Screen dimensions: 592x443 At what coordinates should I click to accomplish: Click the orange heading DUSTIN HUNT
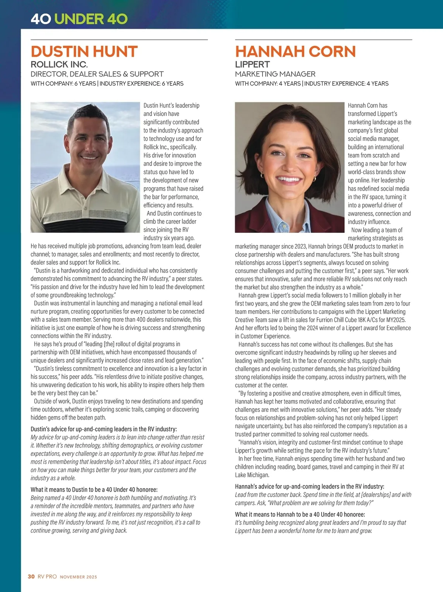[x=84, y=52]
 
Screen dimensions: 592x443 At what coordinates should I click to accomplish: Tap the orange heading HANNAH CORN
[x=295, y=52]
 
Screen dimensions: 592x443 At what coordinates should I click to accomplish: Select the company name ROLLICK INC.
[x=59, y=65]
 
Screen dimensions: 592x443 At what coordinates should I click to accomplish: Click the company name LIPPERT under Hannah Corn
[x=253, y=65]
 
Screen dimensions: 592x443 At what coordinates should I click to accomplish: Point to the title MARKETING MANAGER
[x=275, y=74]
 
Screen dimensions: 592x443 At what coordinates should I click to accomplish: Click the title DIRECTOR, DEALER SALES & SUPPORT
[x=97, y=74]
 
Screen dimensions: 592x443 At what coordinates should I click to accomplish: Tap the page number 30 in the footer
[x=31, y=576]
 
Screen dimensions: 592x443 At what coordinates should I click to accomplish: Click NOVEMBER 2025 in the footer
[x=78, y=577]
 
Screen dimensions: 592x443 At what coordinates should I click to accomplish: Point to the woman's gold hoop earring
[x=315, y=178]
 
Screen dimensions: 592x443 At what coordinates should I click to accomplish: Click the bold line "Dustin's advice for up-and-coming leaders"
[x=104, y=429]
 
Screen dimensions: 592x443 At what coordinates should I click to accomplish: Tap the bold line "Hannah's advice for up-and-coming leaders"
[x=309, y=486]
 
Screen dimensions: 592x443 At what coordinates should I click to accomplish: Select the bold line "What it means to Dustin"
[x=94, y=490]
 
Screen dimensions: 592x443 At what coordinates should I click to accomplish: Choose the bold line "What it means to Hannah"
[x=300, y=514]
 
